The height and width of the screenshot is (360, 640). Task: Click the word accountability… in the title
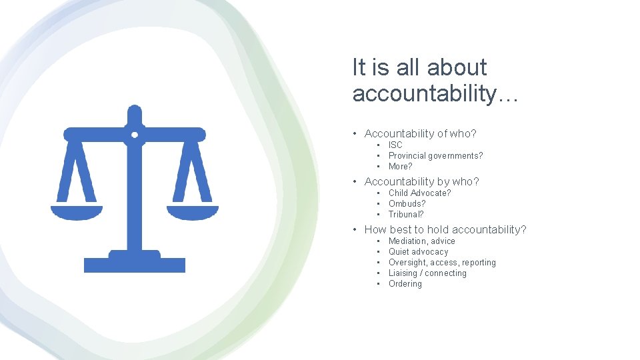pos(435,94)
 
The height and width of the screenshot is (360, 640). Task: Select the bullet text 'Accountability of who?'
pos(420,133)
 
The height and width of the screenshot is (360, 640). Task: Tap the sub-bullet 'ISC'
pos(395,145)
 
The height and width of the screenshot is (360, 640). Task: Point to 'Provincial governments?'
pos(435,155)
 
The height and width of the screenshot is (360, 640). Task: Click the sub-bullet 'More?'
pos(400,166)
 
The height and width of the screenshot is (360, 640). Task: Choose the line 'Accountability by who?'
pos(421,181)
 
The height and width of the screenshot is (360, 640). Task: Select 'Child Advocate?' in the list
pos(419,193)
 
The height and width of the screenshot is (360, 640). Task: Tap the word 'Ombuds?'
pos(407,203)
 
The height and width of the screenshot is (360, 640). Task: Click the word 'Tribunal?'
pos(406,214)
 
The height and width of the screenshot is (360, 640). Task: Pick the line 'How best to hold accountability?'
pos(445,229)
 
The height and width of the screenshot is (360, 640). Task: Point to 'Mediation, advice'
pos(421,241)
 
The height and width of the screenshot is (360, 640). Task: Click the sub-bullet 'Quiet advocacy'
pos(418,251)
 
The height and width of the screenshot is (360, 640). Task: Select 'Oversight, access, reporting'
pos(442,262)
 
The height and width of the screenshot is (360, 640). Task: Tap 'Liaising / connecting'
pos(427,273)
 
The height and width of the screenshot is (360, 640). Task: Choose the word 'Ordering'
pos(405,283)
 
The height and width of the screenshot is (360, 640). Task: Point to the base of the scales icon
pos(135,264)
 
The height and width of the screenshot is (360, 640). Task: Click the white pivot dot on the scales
pos(135,135)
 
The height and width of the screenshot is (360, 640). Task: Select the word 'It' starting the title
pos(359,67)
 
